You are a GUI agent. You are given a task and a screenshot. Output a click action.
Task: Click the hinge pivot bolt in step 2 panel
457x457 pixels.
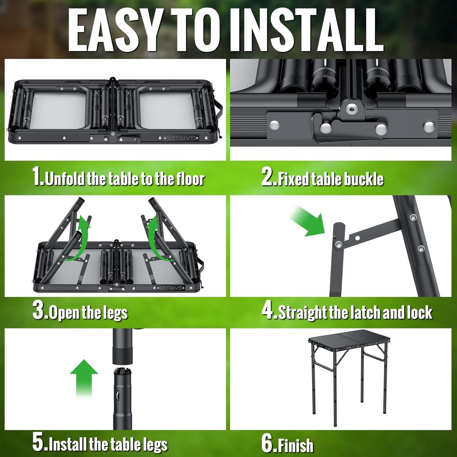click(352, 108)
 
